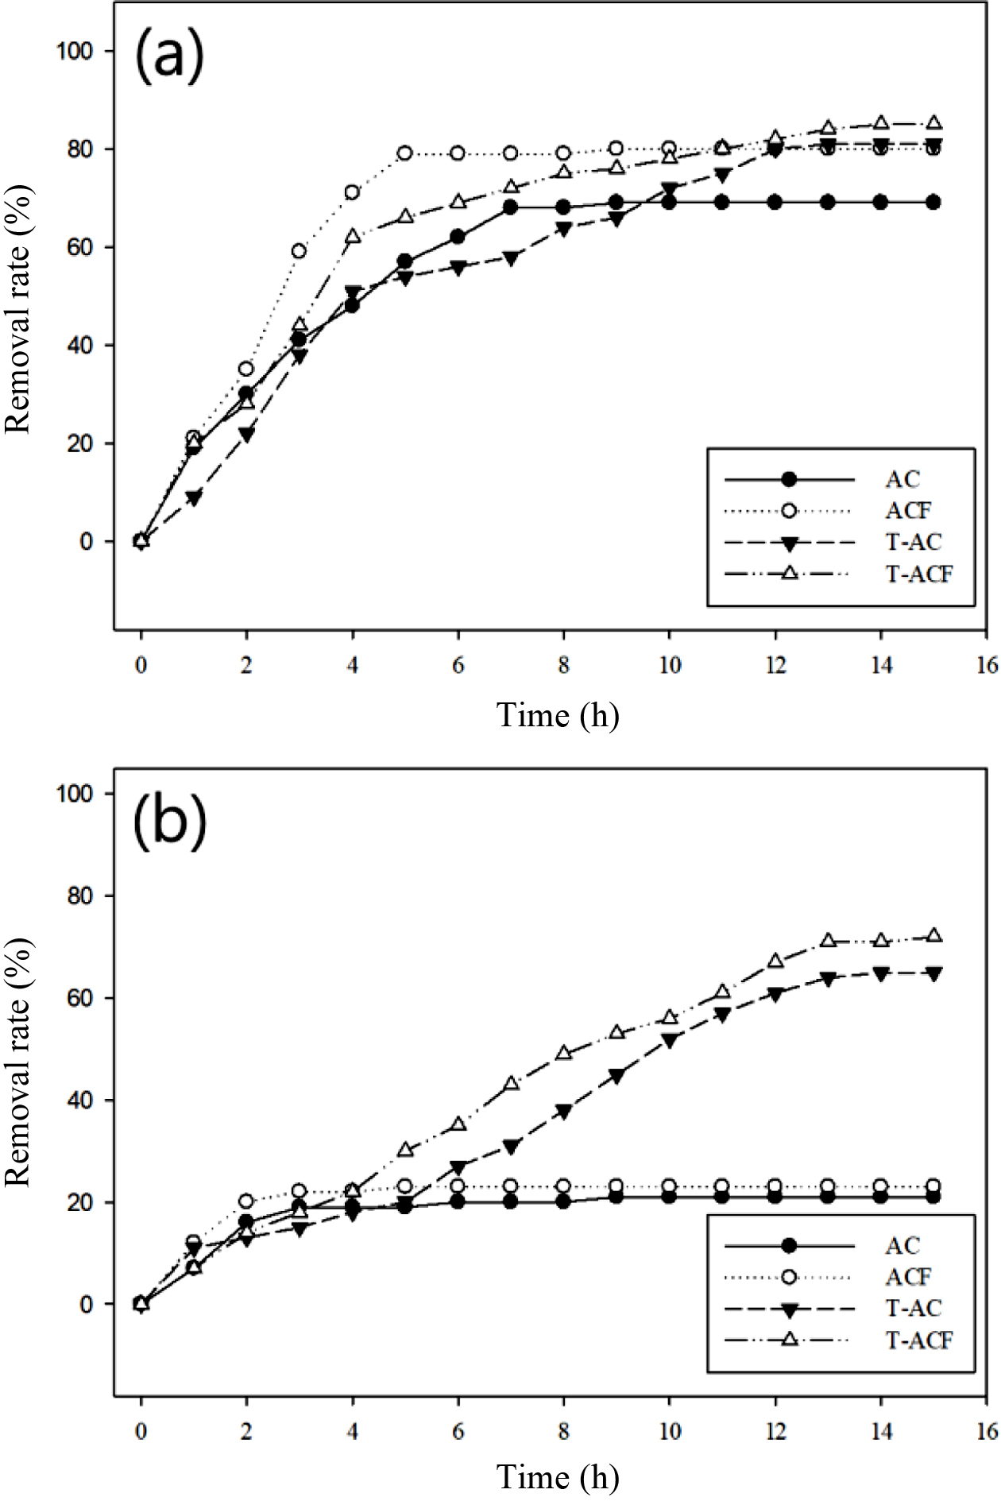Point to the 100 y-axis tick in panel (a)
pos(74,51)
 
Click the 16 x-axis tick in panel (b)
pos(987,1431)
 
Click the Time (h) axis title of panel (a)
pos(558,715)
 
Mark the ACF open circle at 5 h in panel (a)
pos(404,153)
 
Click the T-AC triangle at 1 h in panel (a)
pos(194,498)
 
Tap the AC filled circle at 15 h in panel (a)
pos(933,203)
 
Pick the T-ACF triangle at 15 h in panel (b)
pos(933,935)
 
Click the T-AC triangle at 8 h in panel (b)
pos(563,1112)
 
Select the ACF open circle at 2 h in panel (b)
pos(246,1201)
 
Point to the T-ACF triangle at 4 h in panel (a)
pos(352,237)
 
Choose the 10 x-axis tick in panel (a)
pos(669,665)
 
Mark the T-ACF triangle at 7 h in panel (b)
pos(511,1083)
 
